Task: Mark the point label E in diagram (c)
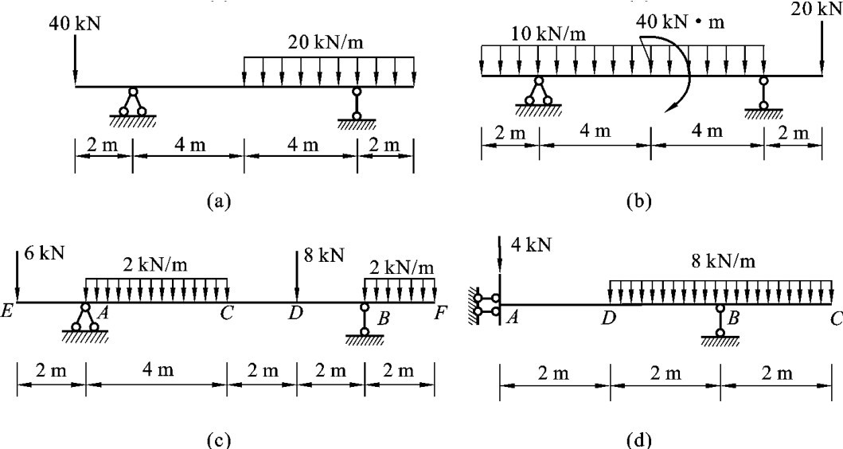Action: pos(7,314)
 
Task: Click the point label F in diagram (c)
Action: pos(439,314)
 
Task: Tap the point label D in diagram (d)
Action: pos(609,318)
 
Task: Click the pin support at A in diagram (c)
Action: pos(84,318)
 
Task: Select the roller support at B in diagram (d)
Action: pos(720,322)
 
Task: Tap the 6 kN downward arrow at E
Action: pos(17,275)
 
